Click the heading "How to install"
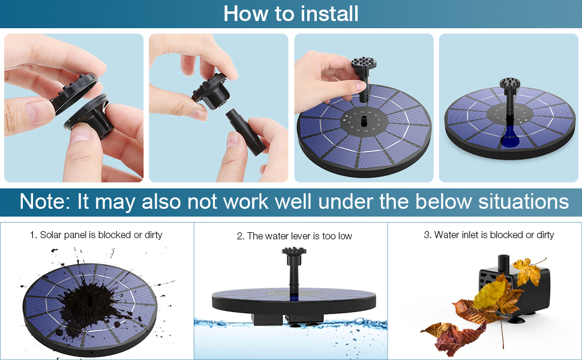point(291,13)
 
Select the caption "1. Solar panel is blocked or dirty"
point(96,235)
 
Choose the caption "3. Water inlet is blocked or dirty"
point(488,235)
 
